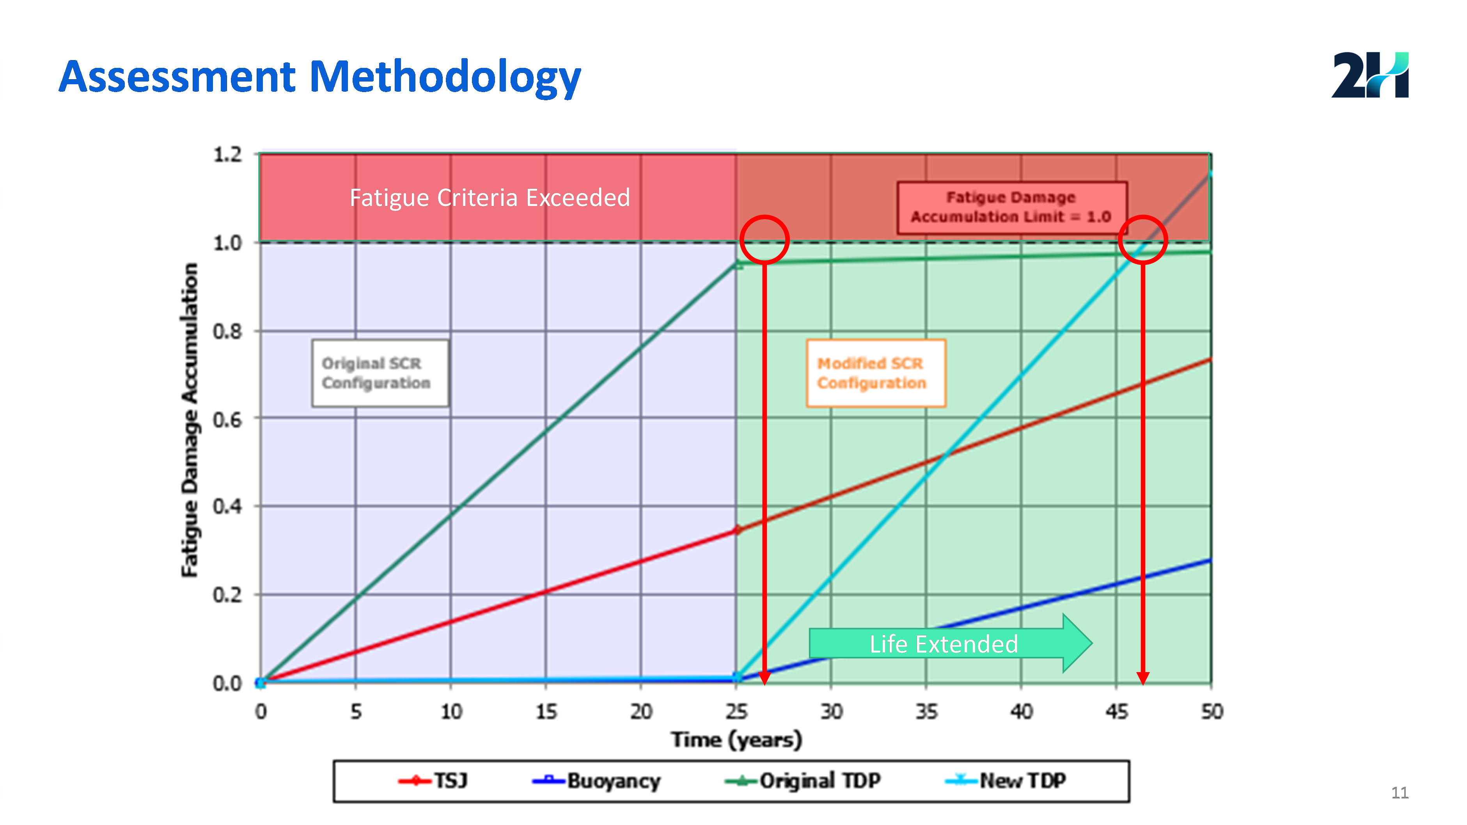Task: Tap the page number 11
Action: click(x=1400, y=793)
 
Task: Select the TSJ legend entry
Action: click(x=433, y=781)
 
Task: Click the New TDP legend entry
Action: click(x=1005, y=781)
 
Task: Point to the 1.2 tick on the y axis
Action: click(x=227, y=154)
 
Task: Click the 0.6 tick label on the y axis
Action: click(x=227, y=420)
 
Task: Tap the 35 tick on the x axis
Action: click(x=926, y=712)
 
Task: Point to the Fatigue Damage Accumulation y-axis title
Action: click(x=190, y=420)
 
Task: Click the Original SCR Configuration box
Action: click(x=380, y=373)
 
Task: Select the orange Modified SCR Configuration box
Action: click(x=876, y=373)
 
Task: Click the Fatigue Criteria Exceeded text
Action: click(x=490, y=197)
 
